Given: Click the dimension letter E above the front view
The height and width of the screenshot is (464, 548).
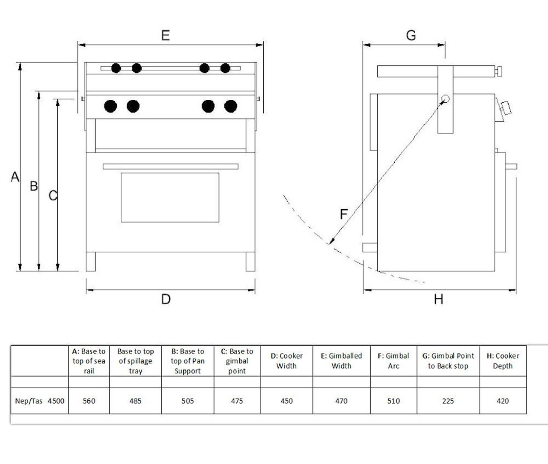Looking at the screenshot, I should point(166,35).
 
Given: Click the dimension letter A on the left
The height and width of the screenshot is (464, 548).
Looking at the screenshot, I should point(15,176).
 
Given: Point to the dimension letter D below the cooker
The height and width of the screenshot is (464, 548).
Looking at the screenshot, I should point(166,299).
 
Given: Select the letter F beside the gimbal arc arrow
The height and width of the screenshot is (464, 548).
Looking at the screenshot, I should point(343,214).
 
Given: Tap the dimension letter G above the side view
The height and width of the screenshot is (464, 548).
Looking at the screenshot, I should point(411,35).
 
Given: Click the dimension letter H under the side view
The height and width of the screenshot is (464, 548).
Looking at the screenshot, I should point(438,299).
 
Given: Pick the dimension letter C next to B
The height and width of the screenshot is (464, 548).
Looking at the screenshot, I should point(53,196).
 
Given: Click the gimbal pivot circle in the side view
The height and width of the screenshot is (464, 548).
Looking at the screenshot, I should point(445,99).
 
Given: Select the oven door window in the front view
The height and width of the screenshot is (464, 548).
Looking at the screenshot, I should point(170,197).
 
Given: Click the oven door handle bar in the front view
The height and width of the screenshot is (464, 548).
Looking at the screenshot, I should point(170,166).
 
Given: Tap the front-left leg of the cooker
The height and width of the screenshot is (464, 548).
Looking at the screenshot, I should point(90,262).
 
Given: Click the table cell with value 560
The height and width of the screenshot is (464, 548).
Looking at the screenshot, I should point(89,401).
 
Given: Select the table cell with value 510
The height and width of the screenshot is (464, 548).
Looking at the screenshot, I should point(393,401).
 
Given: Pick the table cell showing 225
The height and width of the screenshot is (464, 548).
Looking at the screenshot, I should point(448,401).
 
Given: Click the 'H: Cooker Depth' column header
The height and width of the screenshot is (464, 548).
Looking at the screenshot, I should point(503,361).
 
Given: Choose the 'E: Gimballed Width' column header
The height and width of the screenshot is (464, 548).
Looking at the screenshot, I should point(341,361).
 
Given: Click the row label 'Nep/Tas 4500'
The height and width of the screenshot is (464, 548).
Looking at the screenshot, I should point(39,401).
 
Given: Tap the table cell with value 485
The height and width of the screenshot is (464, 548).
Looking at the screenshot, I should point(135,401).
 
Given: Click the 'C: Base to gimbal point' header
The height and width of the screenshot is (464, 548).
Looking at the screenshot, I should point(237,361).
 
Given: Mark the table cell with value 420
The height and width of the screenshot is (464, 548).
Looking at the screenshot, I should point(503,401).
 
